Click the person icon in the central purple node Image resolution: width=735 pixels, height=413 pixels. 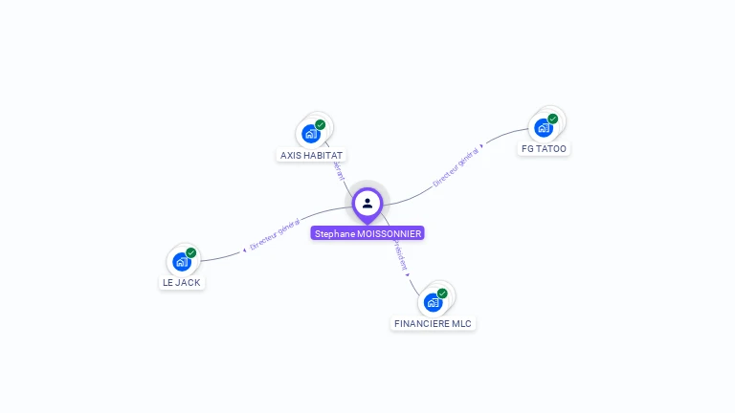pos(367,203)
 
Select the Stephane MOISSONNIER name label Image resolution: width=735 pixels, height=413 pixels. pos(367,233)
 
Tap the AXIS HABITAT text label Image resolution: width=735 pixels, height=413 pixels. pos(312,155)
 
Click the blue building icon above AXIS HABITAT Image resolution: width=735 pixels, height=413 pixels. pos(310,134)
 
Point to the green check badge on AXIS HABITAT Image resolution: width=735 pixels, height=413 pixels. pos(321,124)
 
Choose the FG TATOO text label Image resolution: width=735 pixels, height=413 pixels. pos(544,149)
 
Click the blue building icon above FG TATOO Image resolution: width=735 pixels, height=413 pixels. pos(543,128)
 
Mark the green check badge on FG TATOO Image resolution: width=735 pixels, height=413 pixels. pos(553,119)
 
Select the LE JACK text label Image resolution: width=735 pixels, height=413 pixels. pos(182,283)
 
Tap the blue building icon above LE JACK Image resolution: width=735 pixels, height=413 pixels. pos(181,262)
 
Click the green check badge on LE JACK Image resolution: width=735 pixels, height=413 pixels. pos(191,252)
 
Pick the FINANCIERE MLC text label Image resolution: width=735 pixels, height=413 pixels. pos(434,323)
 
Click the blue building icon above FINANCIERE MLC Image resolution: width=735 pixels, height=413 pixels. pos(433,302)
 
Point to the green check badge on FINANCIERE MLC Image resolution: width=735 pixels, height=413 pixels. pos(442,293)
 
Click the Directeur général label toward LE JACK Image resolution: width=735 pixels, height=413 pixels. pos(275,234)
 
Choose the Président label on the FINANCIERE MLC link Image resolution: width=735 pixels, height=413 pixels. pos(399,256)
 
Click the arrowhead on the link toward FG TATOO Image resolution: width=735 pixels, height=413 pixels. pos(482,146)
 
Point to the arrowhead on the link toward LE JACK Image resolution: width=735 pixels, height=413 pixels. pos(245,249)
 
